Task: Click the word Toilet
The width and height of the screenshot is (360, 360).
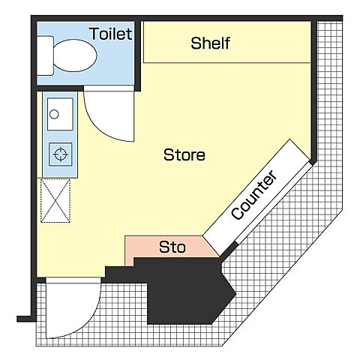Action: click(110, 34)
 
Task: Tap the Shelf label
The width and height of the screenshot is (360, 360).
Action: click(210, 43)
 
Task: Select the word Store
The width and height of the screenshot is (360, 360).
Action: click(184, 154)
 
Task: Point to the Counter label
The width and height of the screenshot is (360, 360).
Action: click(253, 195)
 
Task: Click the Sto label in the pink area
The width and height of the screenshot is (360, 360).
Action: click(172, 247)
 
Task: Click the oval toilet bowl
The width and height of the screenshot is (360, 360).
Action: click(75, 55)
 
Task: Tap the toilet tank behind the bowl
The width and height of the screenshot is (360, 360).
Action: click(45, 55)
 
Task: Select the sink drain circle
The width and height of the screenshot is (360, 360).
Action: click(54, 114)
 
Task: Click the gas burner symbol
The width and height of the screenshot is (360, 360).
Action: click(61, 154)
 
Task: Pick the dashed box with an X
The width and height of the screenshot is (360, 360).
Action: click(55, 200)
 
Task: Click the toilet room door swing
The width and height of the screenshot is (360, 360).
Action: click(109, 114)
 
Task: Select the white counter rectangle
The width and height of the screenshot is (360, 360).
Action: click(256, 197)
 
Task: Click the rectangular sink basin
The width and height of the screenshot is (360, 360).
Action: click(60, 114)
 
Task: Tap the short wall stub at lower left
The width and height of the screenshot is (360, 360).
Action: click(24, 319)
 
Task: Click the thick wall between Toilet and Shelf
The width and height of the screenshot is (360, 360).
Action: click(137, 55)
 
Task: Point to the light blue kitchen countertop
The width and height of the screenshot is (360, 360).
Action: click(60, 135)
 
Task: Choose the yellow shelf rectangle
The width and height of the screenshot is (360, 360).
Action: click(227, 42)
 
